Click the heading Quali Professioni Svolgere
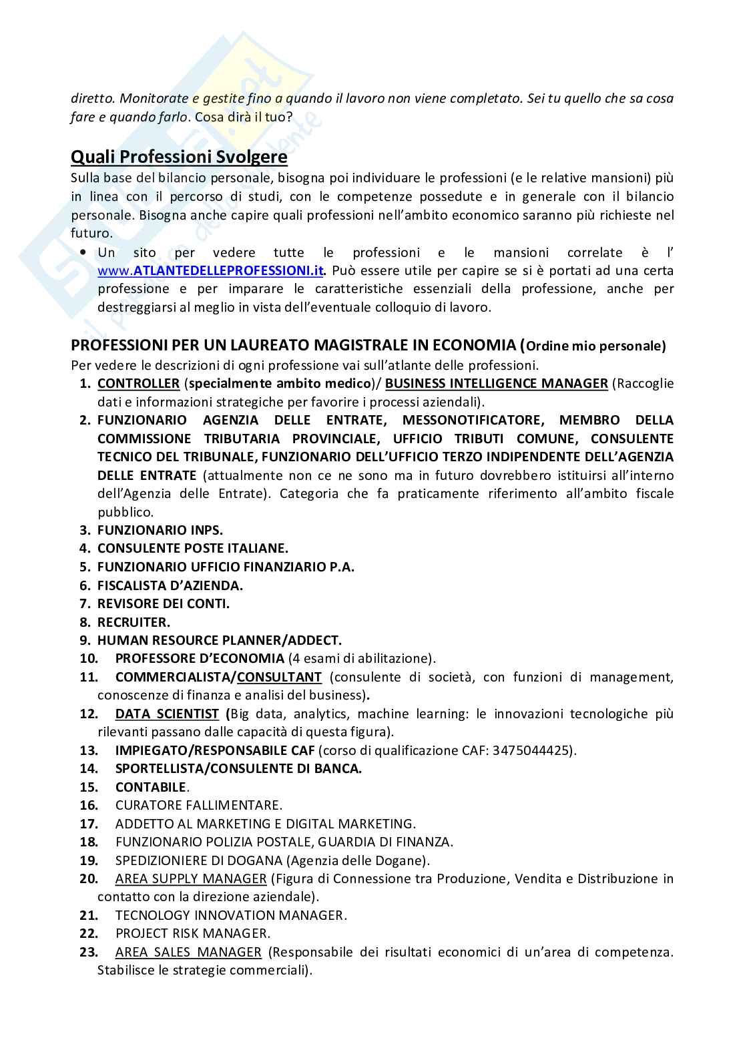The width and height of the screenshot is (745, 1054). point(179,158)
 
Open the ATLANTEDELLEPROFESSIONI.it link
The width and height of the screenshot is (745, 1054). point(211,271)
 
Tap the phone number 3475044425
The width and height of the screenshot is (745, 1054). point(532,750)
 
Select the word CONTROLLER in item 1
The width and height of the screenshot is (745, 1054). point(138,384)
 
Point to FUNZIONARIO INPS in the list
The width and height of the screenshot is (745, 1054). point(160,531)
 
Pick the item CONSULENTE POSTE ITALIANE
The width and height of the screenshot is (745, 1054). point(192,549)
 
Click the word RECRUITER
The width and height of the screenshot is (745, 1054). point(134,622)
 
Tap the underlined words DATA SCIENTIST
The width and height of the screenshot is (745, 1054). point(167,714)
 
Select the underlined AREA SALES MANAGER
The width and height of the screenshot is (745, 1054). point(188,952)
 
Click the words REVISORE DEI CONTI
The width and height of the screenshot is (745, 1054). point(164,604)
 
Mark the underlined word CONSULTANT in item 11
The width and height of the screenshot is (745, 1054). point(279,678)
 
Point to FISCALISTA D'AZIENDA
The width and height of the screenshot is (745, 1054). point(170,585)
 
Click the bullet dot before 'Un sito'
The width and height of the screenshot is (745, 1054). point(83,253)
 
